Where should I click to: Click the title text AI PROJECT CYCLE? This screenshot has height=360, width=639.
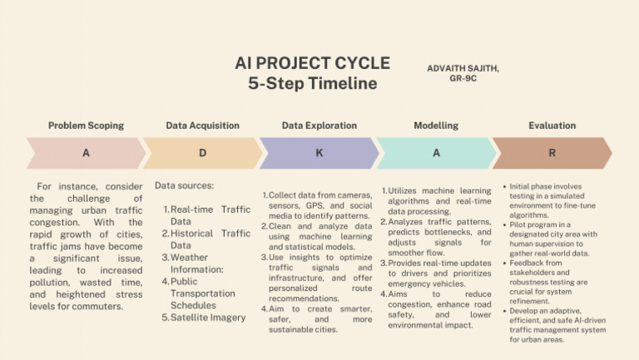click(312, 64)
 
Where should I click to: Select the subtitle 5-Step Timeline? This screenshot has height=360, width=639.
click(312, 84)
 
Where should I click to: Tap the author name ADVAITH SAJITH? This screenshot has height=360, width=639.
click(463, 67)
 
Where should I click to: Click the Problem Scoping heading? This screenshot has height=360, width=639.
click(86, 126)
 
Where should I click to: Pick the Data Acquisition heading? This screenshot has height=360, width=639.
click(202, 126)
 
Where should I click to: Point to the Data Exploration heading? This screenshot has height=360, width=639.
click(319, 126)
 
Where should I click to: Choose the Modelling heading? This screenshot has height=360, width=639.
click(436, 126)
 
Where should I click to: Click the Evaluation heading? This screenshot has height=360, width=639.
click(552, 126)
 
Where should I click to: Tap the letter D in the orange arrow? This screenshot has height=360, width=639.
click(202, 154)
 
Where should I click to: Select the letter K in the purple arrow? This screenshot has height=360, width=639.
click(319, 154)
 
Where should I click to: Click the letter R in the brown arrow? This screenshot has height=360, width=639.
click(552, 154)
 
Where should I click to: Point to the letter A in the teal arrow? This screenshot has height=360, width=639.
click(436, 154)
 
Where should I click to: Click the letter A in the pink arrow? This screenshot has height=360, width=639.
click(86, 154)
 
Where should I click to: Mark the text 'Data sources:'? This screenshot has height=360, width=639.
click(184, 185)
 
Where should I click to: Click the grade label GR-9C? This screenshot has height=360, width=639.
click(462, 79)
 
